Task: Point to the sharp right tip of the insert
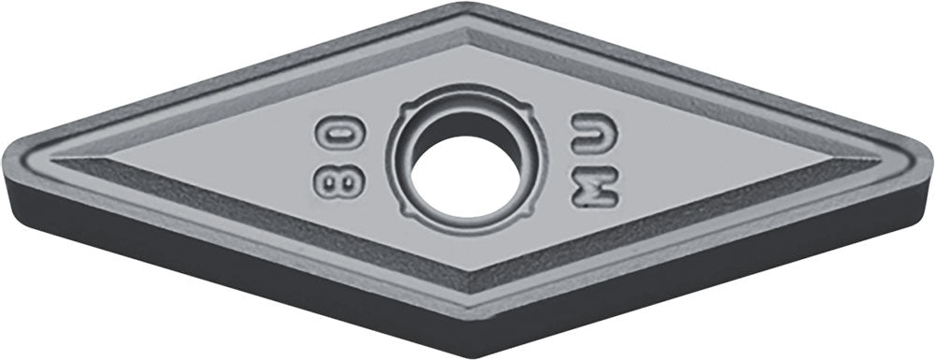coord(929,156)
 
